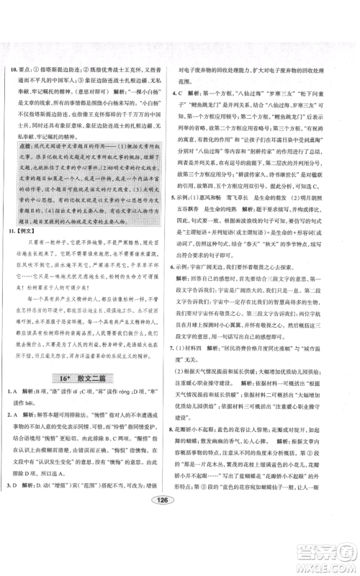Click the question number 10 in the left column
pos(14,69)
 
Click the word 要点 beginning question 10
pos(30,69)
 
